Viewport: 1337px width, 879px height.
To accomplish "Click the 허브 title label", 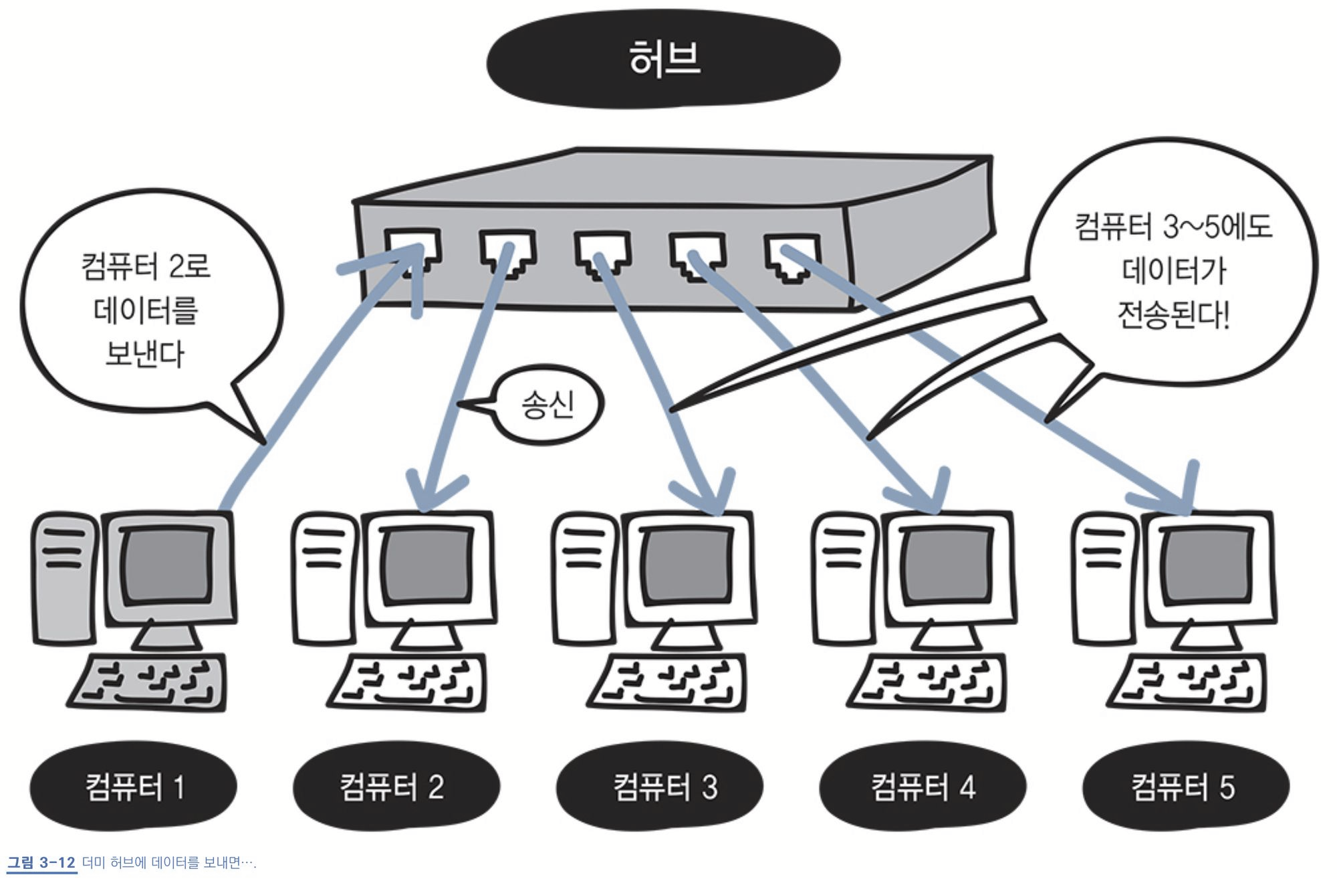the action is (x=663, y=59).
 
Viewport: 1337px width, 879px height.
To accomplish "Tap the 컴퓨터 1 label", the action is (x=134, y=787).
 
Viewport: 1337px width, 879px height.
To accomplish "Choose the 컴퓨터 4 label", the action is (x=923, y=787).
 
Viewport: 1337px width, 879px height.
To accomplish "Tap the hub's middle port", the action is (x=603, y=254).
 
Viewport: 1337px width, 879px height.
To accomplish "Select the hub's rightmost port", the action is (x=793, y=258).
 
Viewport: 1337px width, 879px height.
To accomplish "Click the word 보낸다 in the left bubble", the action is (x=145, y=354).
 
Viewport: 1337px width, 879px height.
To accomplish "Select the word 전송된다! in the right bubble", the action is (x=1173, y=314).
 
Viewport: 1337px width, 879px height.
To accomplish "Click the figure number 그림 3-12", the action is (x=41, y=862).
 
